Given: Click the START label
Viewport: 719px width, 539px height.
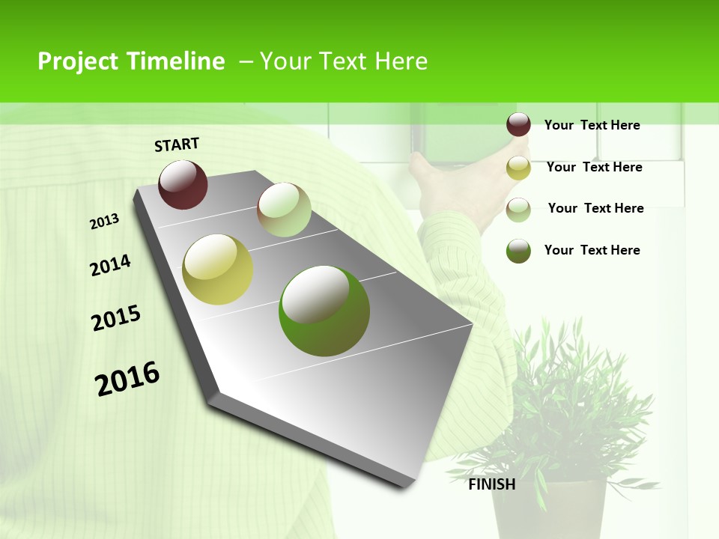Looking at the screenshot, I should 177,144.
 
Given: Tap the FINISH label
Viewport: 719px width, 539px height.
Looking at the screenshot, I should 492,484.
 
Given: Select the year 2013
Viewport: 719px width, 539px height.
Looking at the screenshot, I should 104,222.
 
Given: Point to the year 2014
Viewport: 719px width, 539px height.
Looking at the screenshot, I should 110,265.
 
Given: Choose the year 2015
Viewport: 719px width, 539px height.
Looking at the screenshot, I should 116,318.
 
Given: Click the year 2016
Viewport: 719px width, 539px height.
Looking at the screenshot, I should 127,378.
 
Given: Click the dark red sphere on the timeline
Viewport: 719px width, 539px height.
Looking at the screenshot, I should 183,184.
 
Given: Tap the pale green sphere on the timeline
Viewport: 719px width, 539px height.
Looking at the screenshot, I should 284,210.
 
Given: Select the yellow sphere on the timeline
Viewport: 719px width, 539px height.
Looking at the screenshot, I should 218,269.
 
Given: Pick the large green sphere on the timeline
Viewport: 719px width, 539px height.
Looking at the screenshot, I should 324,311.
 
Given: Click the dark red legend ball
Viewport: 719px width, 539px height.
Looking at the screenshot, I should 518,125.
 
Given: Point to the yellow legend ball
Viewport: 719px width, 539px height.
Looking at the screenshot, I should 518,168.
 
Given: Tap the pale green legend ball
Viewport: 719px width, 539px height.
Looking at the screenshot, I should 518,210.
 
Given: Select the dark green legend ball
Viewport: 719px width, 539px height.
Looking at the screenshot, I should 518,251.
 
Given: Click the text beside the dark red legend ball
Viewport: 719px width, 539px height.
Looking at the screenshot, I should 592,125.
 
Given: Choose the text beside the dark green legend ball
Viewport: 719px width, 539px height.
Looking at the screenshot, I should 592,250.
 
